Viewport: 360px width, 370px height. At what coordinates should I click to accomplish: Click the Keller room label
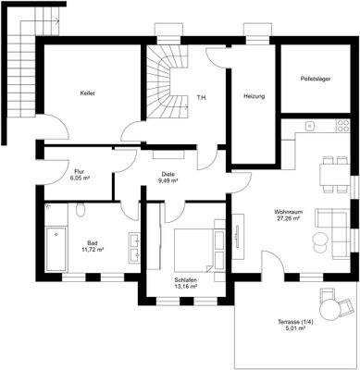[x=88, y=93]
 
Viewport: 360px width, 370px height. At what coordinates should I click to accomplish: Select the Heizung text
[x=254, y=96]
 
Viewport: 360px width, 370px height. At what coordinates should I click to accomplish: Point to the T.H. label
[x=203, y=96]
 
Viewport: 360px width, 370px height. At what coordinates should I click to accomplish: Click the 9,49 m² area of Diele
[x=168, y=181]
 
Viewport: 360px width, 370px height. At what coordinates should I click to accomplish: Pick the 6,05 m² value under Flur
[x=81, y=181]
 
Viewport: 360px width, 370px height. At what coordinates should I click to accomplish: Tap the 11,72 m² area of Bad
[x=92, y=250]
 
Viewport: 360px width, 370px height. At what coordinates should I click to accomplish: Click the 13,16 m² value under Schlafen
[x=186, y=286]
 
